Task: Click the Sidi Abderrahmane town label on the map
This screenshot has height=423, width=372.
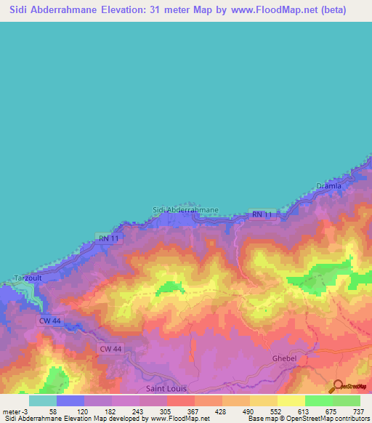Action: pos(185,210)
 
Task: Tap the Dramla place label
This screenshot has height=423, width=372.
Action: pos(328,186)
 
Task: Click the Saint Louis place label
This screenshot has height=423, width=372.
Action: pos(166,389)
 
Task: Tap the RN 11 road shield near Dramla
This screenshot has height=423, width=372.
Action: pos(262,215)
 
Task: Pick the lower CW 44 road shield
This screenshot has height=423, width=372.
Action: pos(109,350)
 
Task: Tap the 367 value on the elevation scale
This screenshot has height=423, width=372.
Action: pos(194,411)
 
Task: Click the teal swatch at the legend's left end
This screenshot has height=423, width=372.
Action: pos(42,400)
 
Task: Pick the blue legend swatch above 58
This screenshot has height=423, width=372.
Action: pos(70,400)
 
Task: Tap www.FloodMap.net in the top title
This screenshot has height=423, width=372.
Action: pos(278,10)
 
